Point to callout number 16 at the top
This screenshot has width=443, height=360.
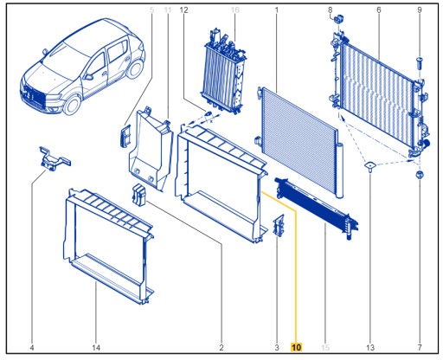pos(234,10)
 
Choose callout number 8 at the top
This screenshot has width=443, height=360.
pos(330,10)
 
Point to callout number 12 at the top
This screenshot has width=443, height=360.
pos(183,10)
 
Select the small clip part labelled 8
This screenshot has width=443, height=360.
pos(340,18)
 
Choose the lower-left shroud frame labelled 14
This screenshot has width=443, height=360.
pos(108,247)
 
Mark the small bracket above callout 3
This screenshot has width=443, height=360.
pos(278,226)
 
